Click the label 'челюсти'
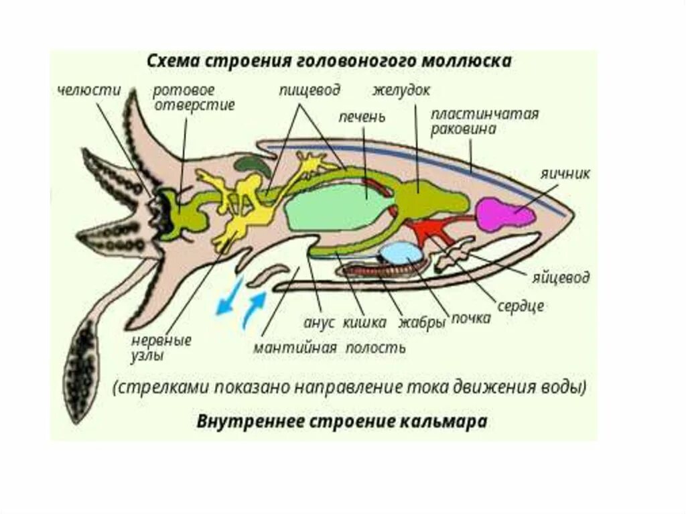click(x=88, y=91)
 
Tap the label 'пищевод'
click(x=310, y=90)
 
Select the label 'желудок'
click(x=401, y=90)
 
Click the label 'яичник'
click(x=566, y=174)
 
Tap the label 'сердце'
click(x=521, y=306)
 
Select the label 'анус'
click(x=318, y=322)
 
